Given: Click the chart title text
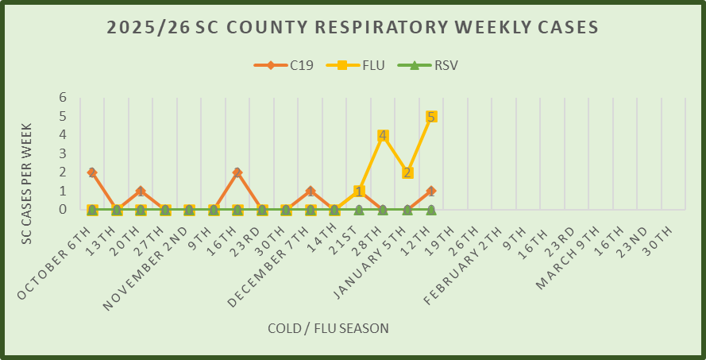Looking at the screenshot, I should pos(353,28).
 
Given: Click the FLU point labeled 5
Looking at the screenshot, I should pos(431,117).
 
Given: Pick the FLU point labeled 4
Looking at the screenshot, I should pos(383,135).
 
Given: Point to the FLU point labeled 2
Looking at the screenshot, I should pos(407,172).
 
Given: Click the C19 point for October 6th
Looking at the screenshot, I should pos(92,172).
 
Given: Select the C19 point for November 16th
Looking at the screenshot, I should pos(237,172).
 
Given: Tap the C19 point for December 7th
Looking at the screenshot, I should pos(311,192).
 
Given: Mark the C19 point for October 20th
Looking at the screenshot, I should pos(141,192).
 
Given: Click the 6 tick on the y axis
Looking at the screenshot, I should pos(63,98).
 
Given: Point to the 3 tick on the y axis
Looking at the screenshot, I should pos(63,154).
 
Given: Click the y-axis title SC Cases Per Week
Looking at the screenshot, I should pos(26,183).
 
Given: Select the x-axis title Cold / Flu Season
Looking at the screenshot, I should pos(328,327).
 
